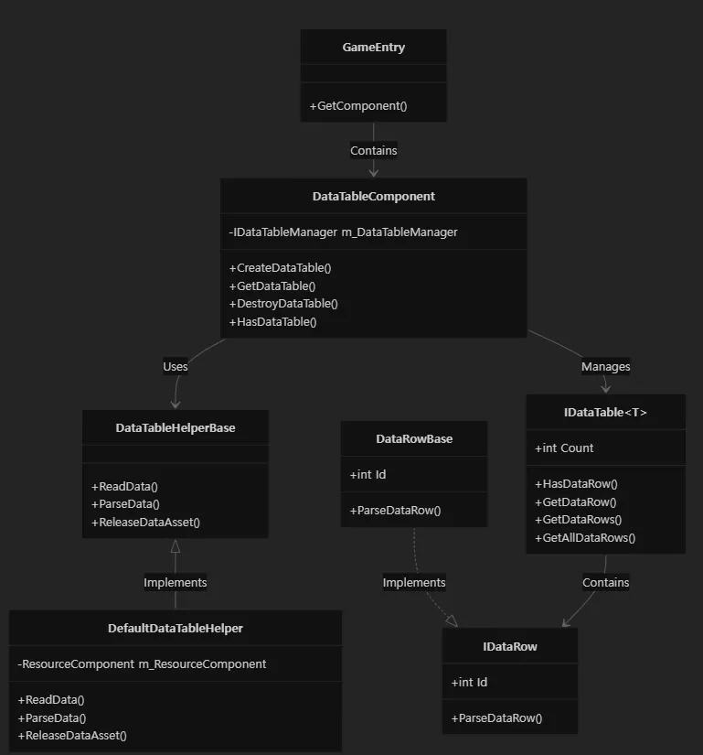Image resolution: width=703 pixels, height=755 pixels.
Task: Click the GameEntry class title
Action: click(374, 48)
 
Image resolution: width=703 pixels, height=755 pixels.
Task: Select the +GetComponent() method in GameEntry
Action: click(358, 106)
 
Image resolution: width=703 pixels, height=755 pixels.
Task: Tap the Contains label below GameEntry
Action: click(374, 151)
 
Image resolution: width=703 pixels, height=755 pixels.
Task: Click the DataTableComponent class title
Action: click(374, 197)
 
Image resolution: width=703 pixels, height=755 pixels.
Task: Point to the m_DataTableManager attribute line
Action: click(344, 232)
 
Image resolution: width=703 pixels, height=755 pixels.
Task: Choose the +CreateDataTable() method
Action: click(281, 268)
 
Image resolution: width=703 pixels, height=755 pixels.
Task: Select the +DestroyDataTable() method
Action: click(283, 304)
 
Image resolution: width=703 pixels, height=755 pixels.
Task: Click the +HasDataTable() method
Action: click(273, 322)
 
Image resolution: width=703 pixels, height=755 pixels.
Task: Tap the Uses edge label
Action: click(175, 367)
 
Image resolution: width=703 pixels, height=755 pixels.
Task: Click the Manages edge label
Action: click(606, 367)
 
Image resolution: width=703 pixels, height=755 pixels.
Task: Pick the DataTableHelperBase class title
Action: click(176, 428)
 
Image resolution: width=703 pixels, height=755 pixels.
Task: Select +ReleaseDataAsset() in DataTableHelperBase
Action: click(145, 523)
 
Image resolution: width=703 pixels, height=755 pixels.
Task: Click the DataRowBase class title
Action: click(414, 439)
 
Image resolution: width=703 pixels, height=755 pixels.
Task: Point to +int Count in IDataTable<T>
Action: click(564, 448)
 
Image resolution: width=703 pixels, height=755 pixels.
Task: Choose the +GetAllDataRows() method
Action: click(585, 538)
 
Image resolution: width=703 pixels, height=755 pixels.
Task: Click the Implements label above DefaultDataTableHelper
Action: click(175, 583)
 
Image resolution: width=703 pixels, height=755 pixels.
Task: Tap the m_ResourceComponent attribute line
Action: click(142, 664)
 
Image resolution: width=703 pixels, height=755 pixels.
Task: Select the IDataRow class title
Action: click(510, 647)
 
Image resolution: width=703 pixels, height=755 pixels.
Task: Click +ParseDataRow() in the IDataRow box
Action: click(496, 718)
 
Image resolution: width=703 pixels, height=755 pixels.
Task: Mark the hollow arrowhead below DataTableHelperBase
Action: click(176, 546)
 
